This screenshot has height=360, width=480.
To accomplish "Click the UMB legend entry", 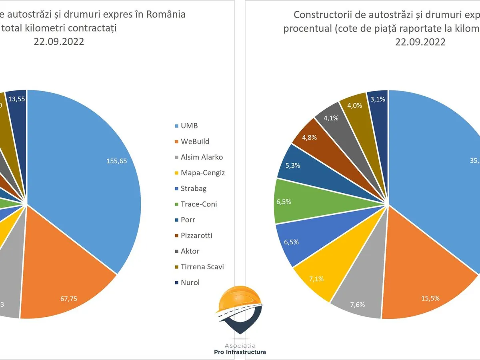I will click(x=189, y=126).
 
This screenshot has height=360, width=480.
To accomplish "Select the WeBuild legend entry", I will click(x=195, y=141).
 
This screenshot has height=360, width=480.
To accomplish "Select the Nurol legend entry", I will click(x=190, y=282).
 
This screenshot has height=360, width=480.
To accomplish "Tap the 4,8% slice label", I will click(x=309, y=138).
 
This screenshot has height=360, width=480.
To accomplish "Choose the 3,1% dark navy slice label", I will click(x=378, y=99).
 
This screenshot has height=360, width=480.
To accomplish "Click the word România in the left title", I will click(x=165, y=14).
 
